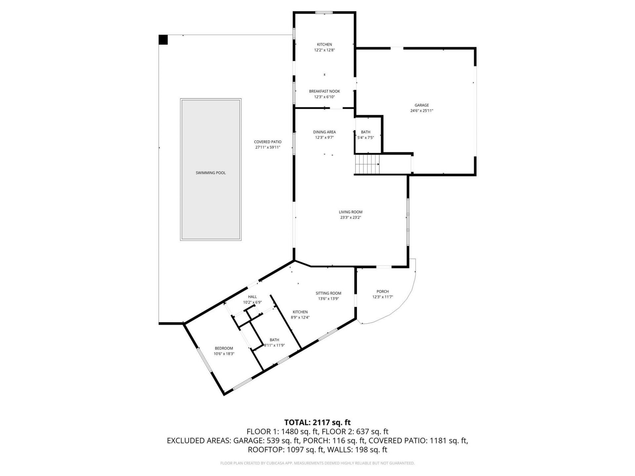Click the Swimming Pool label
[x=211, y=173]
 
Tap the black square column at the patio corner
[x=163, y=40]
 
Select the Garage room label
[x=422, y=105]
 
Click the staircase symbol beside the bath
[x=367, y=164]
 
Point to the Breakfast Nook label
[x=324, y=91]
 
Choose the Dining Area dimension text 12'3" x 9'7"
[x=324, y=138]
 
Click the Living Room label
[x=350, y=212]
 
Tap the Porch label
[x=382, y=292]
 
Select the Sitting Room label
[x=328, y=293]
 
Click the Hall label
[x=252, y=297]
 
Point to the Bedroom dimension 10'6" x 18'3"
[x=224, y=354]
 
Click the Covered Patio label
[x=268, y=142]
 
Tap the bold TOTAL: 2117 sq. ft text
[x=317, y=422]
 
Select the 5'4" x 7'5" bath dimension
[x=365, y=138]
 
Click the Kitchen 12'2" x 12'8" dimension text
[x=324, y=50]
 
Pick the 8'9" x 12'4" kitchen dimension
[x=300, y=317]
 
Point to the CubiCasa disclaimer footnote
[x=317, y=463]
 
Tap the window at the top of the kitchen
[x=324, y=13]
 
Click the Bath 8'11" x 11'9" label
[x=274, y=340]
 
